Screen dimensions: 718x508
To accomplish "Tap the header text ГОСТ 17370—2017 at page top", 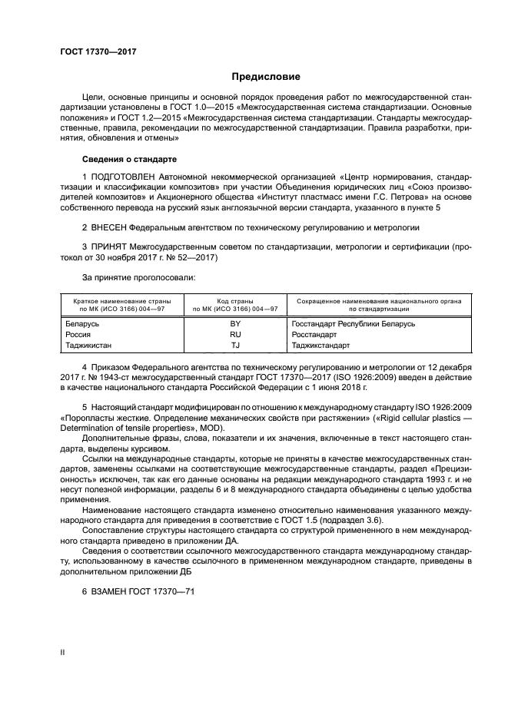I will point(93,51).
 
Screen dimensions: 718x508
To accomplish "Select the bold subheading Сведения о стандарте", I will point(129,159).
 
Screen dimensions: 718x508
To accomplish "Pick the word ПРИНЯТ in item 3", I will point(108,246).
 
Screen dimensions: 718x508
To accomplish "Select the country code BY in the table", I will point(235,324).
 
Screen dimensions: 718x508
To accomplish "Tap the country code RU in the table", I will point(235,335).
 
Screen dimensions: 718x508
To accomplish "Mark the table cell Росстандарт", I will point(314,335).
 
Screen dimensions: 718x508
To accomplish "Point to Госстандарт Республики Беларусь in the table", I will point(353,324).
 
